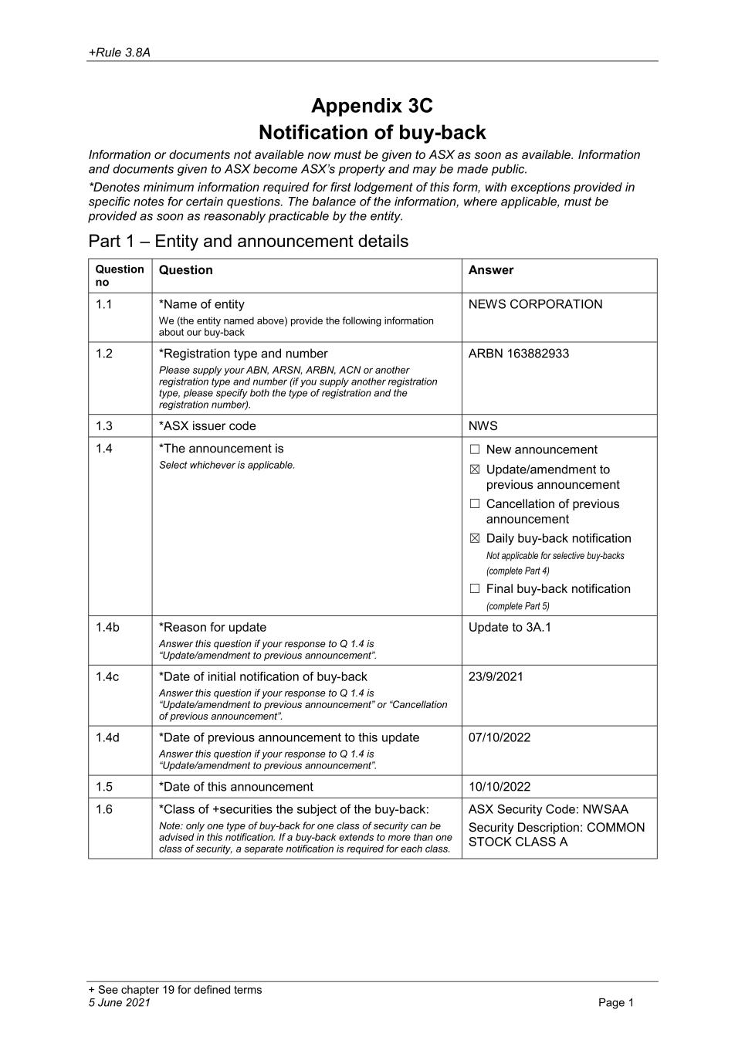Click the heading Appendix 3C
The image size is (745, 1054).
coord(372,105)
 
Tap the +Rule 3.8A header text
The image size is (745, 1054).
coord(119,53)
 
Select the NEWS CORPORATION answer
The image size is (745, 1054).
coord(535,304)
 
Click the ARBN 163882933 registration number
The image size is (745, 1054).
coord(518,354)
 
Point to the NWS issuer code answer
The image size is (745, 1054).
coord(483,425)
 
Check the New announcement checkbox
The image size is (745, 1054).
coord(475,449)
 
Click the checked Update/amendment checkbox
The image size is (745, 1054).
coord(475,469)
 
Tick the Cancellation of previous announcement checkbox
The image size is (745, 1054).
coord(475,504)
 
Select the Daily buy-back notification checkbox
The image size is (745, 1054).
coord(475,538)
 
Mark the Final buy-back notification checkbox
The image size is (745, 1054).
coord(475,588)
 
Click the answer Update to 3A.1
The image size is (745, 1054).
coord(510,627)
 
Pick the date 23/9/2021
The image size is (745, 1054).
coord(496,676)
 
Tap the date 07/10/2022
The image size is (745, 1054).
coord(499,737)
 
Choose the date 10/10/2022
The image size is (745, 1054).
coord(499,787)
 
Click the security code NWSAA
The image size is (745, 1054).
coord(605,809)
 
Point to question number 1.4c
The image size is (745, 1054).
coord(107,676)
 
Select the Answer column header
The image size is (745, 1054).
coord(490,270)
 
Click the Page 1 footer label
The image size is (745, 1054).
coord(615,1002)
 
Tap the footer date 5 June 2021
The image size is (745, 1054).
coord(120,1002)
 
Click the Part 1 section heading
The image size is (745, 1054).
coord(248,241)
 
